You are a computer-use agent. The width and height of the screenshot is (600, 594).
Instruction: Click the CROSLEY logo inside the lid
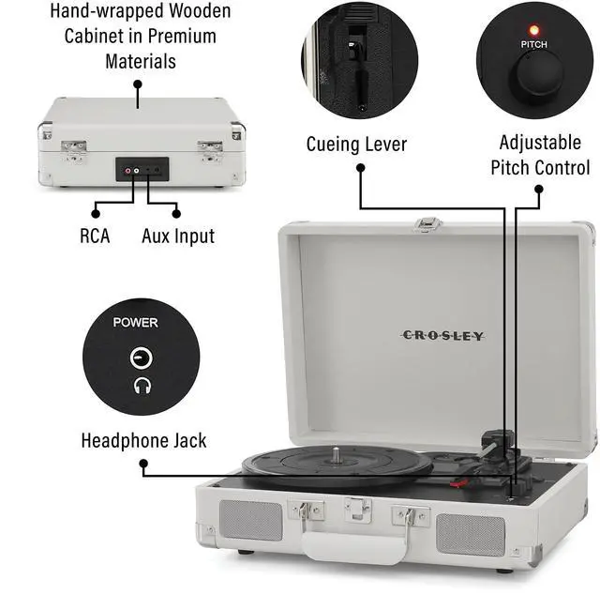click(442, 335)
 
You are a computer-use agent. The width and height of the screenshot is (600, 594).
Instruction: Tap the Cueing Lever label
click(356, 145)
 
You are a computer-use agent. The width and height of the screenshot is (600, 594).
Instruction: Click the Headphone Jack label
click(143, 440)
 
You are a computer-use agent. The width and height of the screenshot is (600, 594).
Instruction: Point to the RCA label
click(94, 236)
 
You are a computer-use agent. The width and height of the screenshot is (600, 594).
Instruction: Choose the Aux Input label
click(178, 236)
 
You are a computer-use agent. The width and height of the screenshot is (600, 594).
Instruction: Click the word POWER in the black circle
click(135, 323)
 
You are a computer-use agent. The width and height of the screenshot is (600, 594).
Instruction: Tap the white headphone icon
click(142, 385)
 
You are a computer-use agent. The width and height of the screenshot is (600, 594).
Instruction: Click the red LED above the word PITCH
click(534, 30)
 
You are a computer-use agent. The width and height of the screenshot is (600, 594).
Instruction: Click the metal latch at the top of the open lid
click(428, 224)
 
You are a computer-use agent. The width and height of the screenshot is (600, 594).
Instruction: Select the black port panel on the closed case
click(142, 170)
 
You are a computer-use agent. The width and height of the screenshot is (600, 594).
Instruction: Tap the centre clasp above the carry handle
click(357, 510)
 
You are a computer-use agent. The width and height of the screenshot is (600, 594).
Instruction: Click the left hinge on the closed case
click(73, 148)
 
